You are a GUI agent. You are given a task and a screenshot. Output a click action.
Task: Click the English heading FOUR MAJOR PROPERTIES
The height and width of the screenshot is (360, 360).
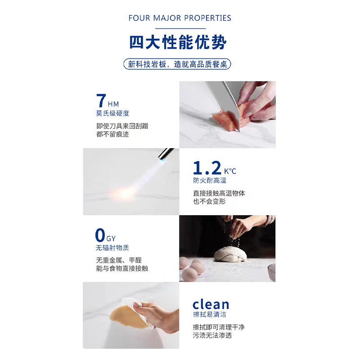tap(180, 18)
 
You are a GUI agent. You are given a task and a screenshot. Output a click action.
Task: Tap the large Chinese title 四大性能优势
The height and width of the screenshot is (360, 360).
tap(178, 42)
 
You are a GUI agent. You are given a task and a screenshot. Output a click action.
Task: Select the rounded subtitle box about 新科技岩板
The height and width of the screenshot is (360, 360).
tap(177, 64)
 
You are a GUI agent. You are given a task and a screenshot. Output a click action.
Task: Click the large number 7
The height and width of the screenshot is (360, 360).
tap(101, 100)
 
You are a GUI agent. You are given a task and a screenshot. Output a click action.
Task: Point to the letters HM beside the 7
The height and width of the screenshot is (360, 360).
tap(113, 104)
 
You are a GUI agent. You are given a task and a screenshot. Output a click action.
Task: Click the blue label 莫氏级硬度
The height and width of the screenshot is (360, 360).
tap(112, 113)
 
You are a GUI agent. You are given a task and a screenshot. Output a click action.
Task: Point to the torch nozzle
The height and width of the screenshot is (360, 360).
tap(166, 154)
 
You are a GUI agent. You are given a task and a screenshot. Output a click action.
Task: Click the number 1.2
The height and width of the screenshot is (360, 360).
tap(207, 168)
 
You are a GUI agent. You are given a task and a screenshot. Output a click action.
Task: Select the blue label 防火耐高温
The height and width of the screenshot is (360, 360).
tap(210, 181)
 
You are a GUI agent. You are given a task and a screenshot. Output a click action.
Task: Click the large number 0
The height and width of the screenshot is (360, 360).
tap(100, 235)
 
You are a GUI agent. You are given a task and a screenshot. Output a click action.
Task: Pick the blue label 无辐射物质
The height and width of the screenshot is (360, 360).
tap(112, 248)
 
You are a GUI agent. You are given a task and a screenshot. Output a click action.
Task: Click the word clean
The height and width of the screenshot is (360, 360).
tap(211, 305)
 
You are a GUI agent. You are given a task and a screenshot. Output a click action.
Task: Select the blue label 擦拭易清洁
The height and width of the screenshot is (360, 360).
tap(210, 314)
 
